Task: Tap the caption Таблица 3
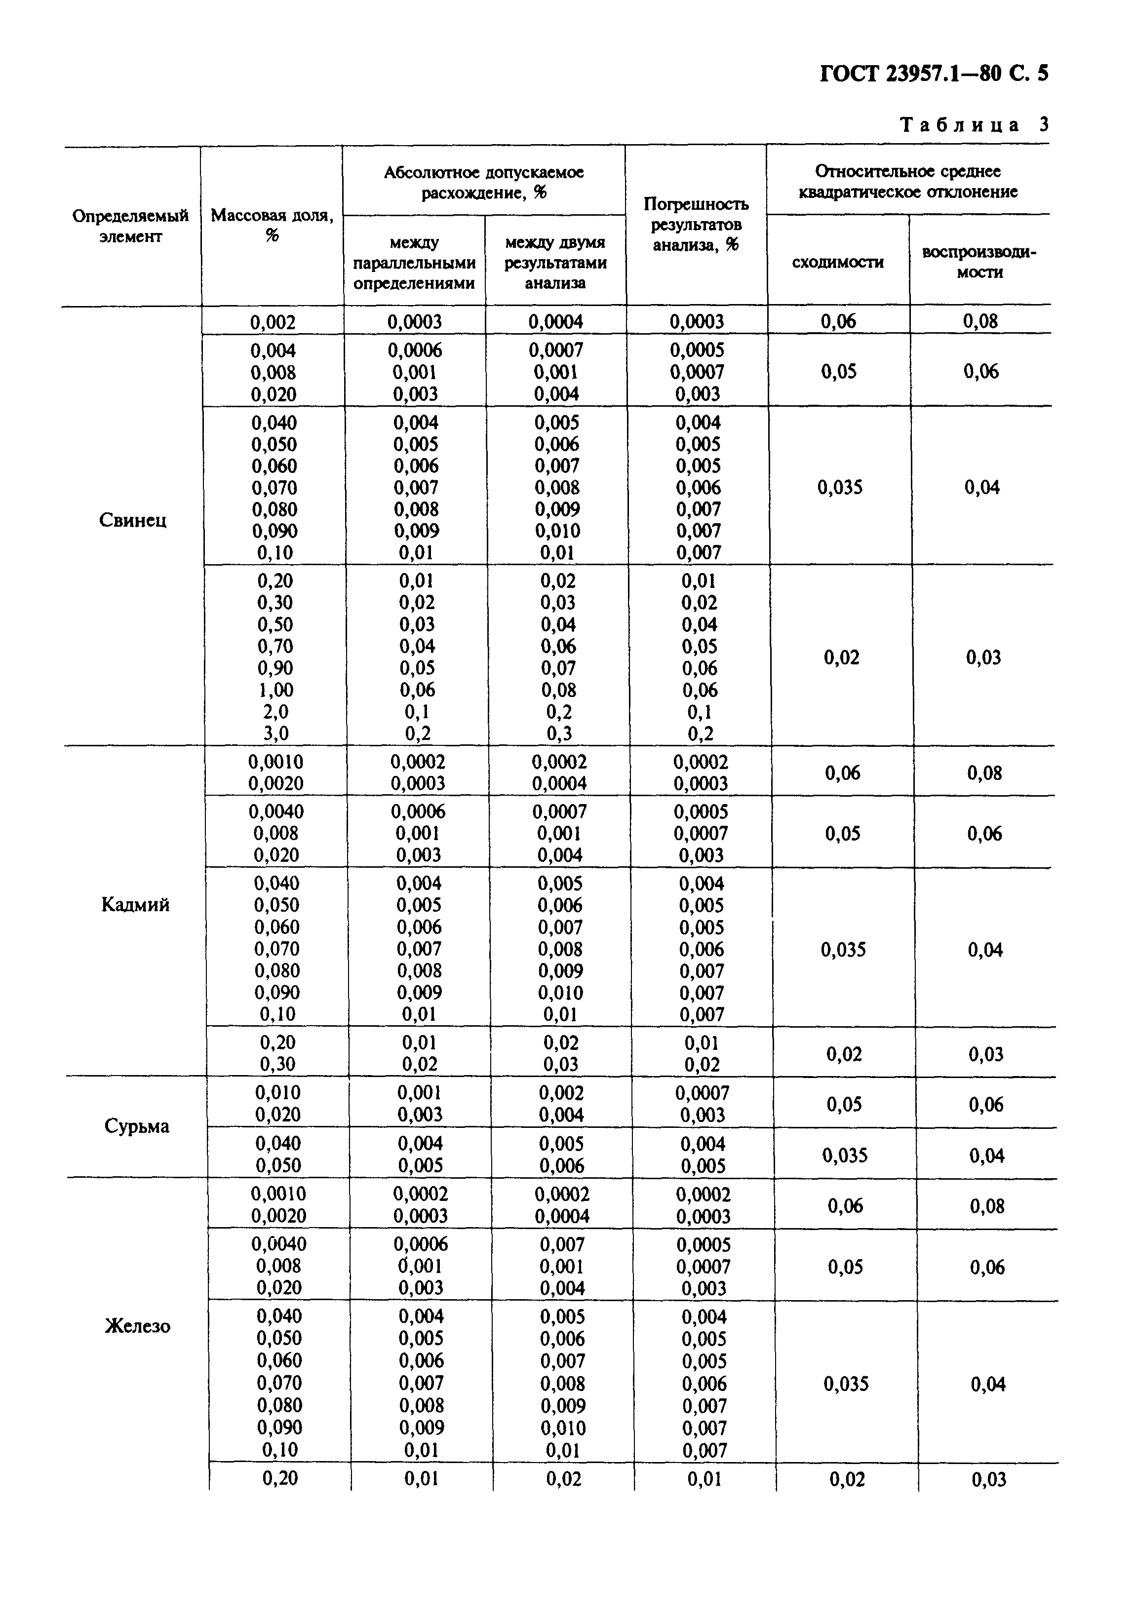tap(974, 125)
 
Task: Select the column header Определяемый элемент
tap(130, 226)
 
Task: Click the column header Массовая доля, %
tap(272, 225)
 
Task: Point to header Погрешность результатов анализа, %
tap(696, 225)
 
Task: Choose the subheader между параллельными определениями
tap(414, 263)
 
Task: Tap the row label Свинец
tap(133, 521)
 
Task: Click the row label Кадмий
tap(136, 905)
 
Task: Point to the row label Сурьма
tap(137, 1126)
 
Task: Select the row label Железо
tap(138, 1326)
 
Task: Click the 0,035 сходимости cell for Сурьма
tap(845, 1155)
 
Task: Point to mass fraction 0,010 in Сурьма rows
tap(278, 1092)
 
